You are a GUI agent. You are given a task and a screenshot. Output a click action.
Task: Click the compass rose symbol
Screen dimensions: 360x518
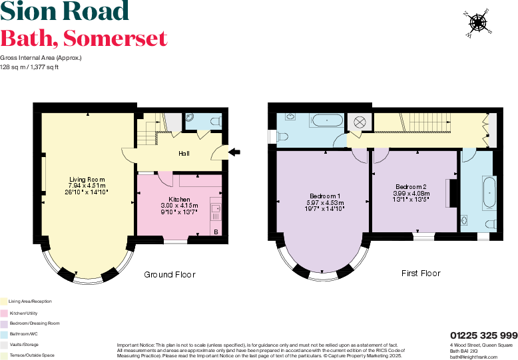tap(477, 21)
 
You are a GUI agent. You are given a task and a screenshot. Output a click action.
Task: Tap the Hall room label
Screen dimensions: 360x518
tap(184, 154)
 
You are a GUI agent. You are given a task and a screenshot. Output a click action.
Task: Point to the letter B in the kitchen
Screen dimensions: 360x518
tap(216, 231)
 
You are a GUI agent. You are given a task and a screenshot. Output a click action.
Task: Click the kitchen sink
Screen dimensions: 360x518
tap(216, 211)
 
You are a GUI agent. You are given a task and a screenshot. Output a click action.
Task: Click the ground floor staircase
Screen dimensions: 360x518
tap(150, 130)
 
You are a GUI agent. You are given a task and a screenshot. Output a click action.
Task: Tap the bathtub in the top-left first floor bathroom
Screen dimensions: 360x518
tap(326, 121)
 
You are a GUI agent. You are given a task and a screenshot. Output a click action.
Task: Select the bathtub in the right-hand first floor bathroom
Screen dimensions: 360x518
tap(489, 192)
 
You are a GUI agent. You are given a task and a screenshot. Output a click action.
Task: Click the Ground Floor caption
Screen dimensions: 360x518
tap(170, 274)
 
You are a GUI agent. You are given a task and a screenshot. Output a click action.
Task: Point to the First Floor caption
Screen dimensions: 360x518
tap(421, 273)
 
